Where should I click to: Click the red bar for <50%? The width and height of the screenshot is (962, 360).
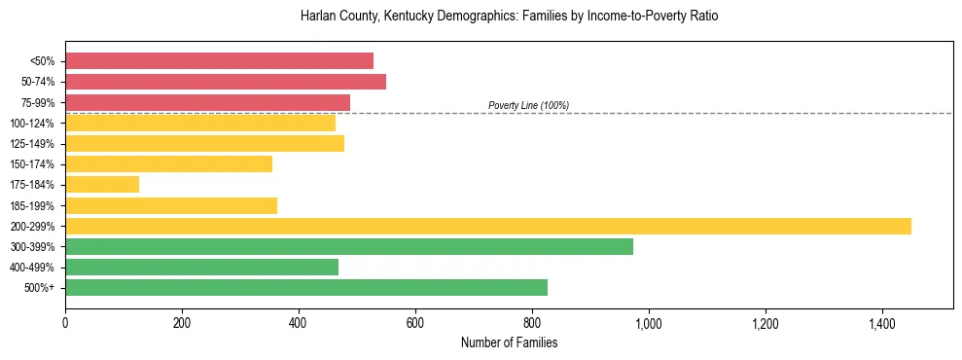pos(219,60)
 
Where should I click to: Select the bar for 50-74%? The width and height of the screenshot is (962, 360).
pos(226,82)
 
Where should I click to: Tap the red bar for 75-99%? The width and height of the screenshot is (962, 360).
pos(207,102)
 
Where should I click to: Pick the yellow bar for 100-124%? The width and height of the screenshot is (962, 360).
pos(200,123)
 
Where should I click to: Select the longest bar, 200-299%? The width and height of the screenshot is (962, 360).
pos(488,226)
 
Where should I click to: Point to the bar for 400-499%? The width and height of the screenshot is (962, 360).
pos(201,267)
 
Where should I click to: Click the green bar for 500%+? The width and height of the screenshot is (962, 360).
pos(306,287)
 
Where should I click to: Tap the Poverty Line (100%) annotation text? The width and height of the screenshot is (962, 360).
pos(528,105)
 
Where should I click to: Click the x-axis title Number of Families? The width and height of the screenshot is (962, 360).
pos(509,342)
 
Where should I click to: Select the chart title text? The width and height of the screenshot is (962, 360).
pos(509,17)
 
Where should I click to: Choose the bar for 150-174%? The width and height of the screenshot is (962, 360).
pos(168,163)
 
